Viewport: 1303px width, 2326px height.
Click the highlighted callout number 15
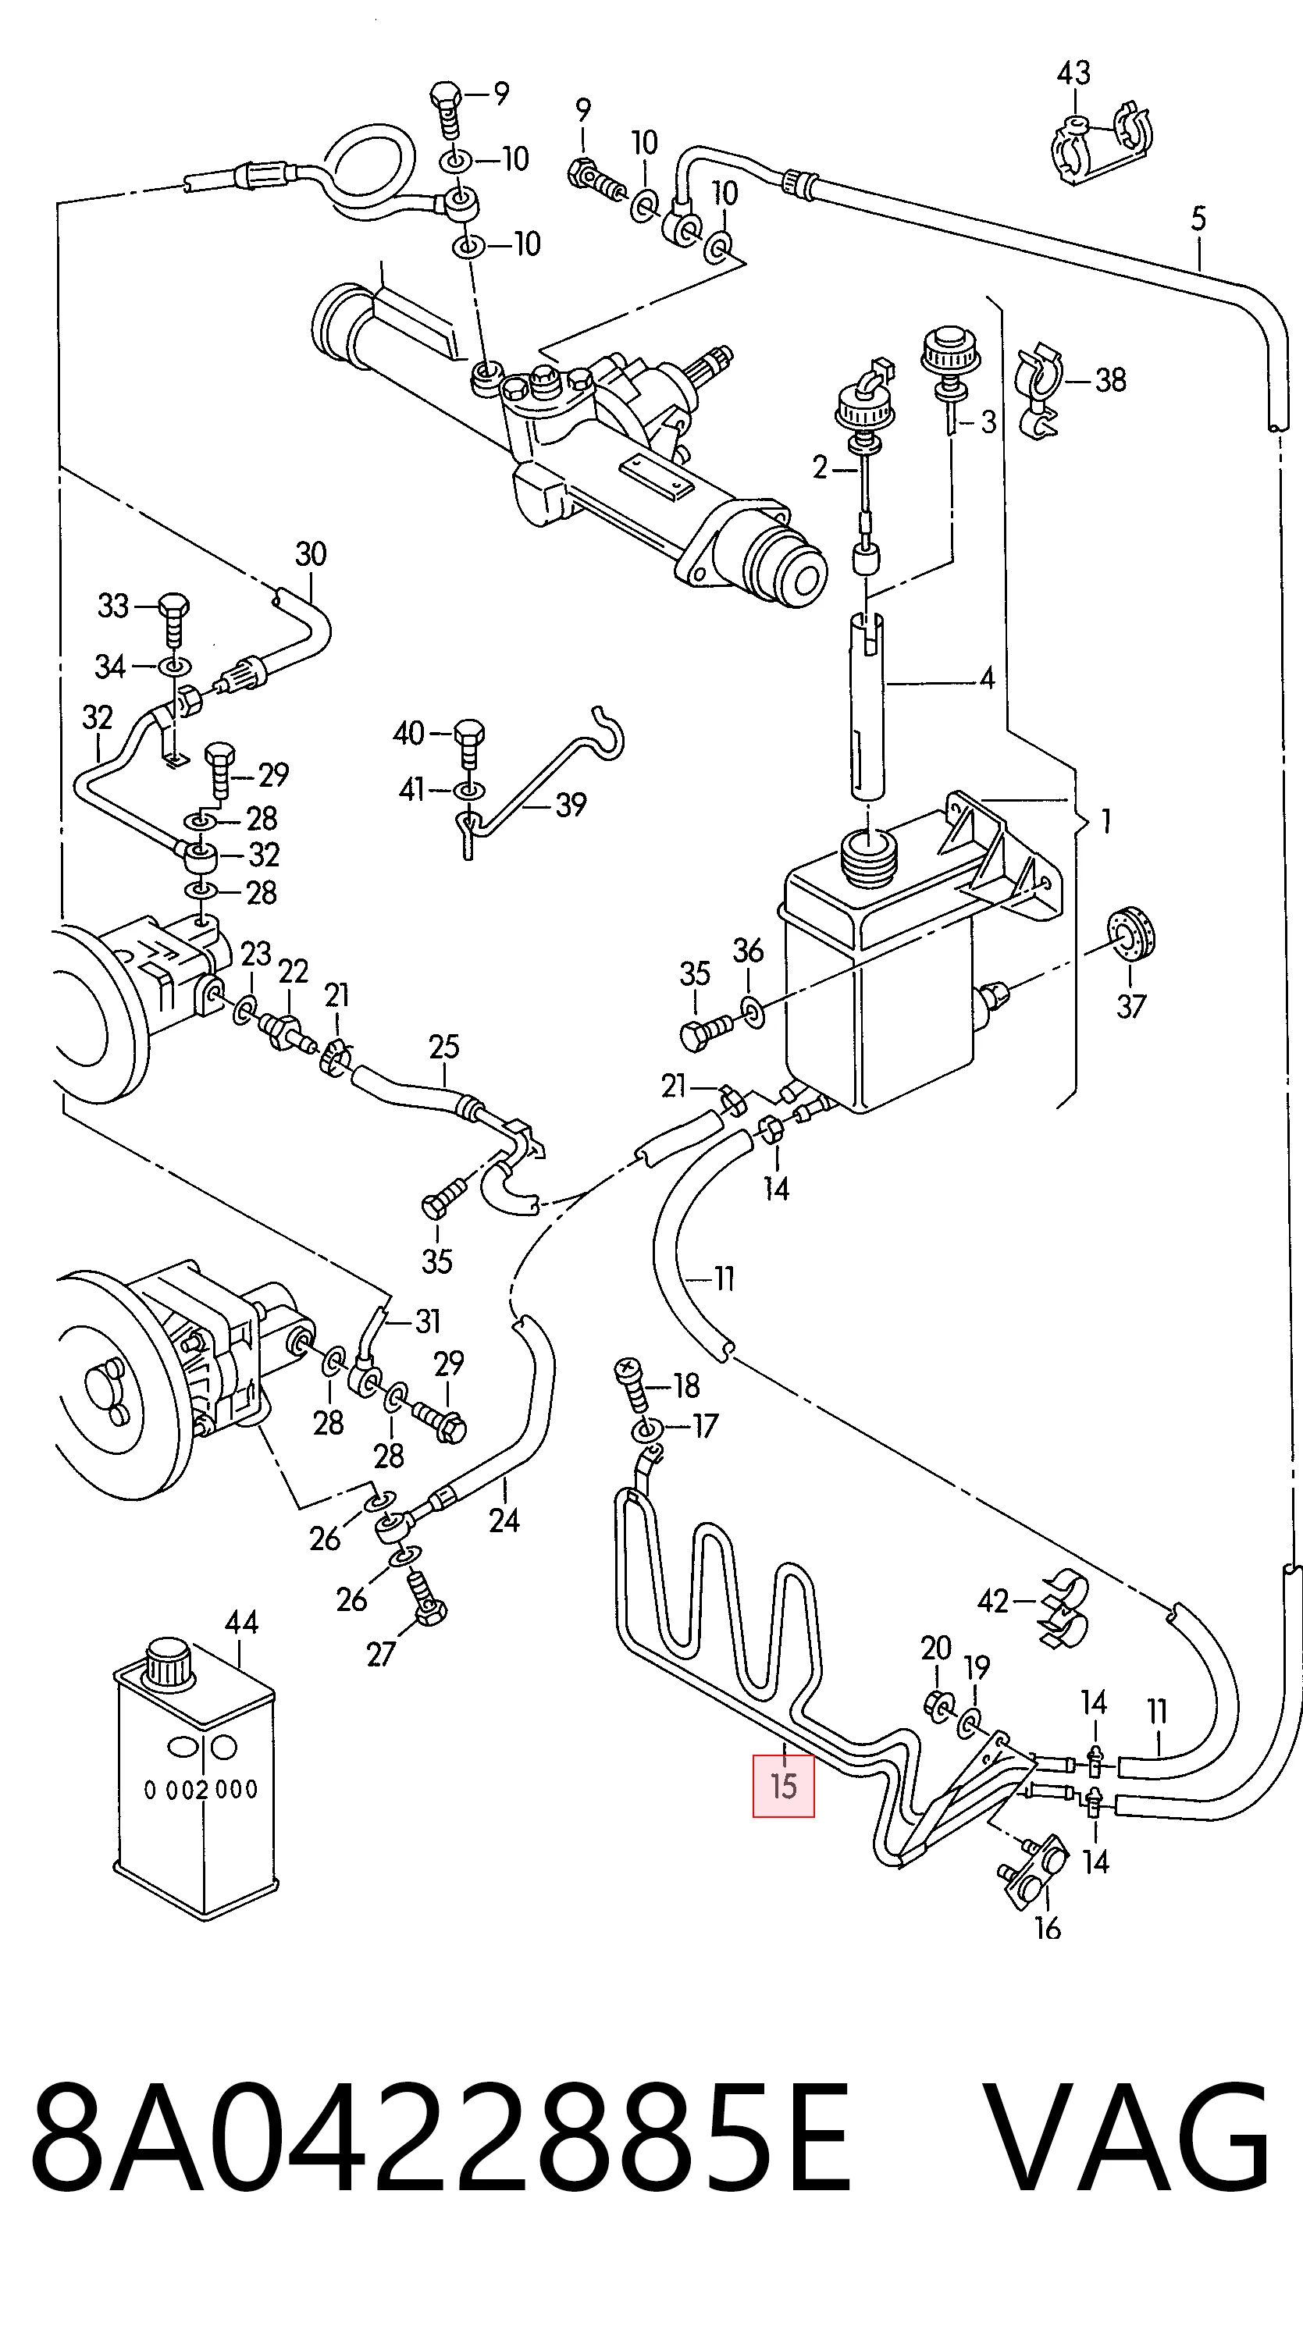click(783, 1785)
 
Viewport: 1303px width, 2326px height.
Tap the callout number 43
click(1073, 73)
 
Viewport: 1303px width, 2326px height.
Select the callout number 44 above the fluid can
click(241, 1623)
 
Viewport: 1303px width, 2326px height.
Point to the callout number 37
click(1130, 1006)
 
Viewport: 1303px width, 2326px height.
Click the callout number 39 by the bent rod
click(571, 805)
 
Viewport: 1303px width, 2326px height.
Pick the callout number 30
click(311, 554)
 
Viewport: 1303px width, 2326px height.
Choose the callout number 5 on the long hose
click(1198, 219)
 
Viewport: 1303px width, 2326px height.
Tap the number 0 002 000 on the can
click(201, 1790)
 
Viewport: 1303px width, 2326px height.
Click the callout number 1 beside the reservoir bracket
click(1106, 822)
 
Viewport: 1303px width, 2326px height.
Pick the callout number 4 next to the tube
click(987, 678)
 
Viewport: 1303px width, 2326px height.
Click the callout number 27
click(381, 1654)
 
